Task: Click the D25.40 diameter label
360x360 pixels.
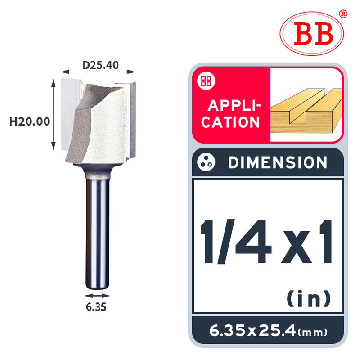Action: tap(100, 65)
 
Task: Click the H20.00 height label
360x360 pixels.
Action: tap(30, 121)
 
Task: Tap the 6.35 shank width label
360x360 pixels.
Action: tap(96, 307)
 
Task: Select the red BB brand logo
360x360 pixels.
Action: tap(312, 33)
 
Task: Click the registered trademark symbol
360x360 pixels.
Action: tap(343, 14)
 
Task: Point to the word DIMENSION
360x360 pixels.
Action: tap(278, 162)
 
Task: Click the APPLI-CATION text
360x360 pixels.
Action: tap(231, 114)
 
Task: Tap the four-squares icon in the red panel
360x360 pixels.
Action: tap(206, 81)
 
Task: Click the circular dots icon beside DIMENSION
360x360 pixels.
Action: tap(206, 162)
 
